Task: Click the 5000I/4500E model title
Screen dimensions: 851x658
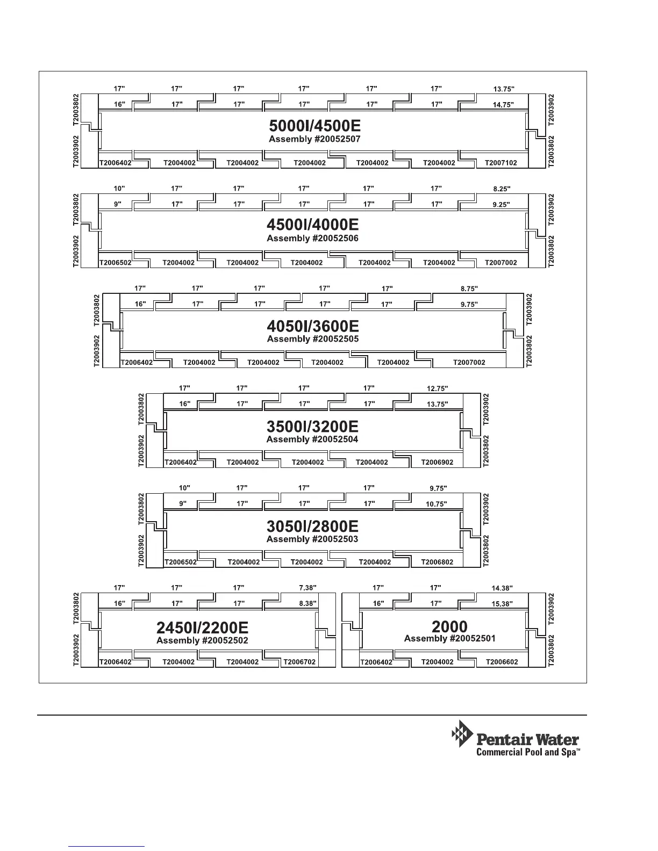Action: point(314,126)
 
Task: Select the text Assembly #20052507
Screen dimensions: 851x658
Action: point(314,139)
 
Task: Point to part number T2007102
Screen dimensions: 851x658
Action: point(500,163)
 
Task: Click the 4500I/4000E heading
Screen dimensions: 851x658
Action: point(312,225)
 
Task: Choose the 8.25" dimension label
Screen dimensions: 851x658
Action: point(501,189)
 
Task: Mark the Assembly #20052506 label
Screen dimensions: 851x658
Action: point(312,239)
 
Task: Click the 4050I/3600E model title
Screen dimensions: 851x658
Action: point(313,326)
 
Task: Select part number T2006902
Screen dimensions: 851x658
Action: point(437,463)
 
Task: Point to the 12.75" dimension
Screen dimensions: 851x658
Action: point(437,388)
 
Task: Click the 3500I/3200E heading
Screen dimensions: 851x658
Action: point(312,427)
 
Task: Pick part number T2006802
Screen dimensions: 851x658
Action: point(437,562)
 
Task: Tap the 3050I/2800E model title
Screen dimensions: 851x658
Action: point(312,527)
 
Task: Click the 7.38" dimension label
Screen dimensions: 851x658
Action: point(307,588)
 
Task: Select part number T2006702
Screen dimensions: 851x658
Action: point(299,662)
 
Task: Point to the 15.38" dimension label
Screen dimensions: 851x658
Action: point(502,604)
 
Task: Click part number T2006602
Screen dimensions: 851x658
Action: point(502,662)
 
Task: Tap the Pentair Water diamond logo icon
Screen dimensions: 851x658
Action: point(461,733)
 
